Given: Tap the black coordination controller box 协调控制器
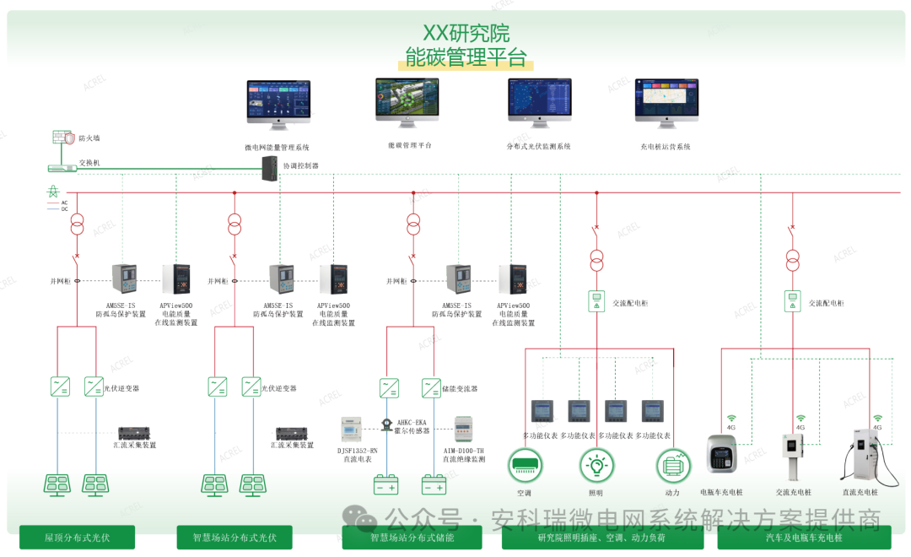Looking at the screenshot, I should click(271, 168).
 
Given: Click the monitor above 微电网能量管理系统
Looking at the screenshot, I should click(278, 105).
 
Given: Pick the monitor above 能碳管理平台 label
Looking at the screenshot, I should click(407, 102).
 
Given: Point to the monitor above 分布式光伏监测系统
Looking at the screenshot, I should click(539, 103).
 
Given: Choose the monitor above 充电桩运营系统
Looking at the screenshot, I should click(666, 103).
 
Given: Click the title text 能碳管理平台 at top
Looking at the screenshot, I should click(466, 57).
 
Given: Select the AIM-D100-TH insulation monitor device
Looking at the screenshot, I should click(465, 430).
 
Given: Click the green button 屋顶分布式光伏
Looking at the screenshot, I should click(77, 537).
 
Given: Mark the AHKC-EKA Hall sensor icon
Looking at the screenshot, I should click(386, 425).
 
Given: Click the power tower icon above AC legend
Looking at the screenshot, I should click(52, 192).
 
